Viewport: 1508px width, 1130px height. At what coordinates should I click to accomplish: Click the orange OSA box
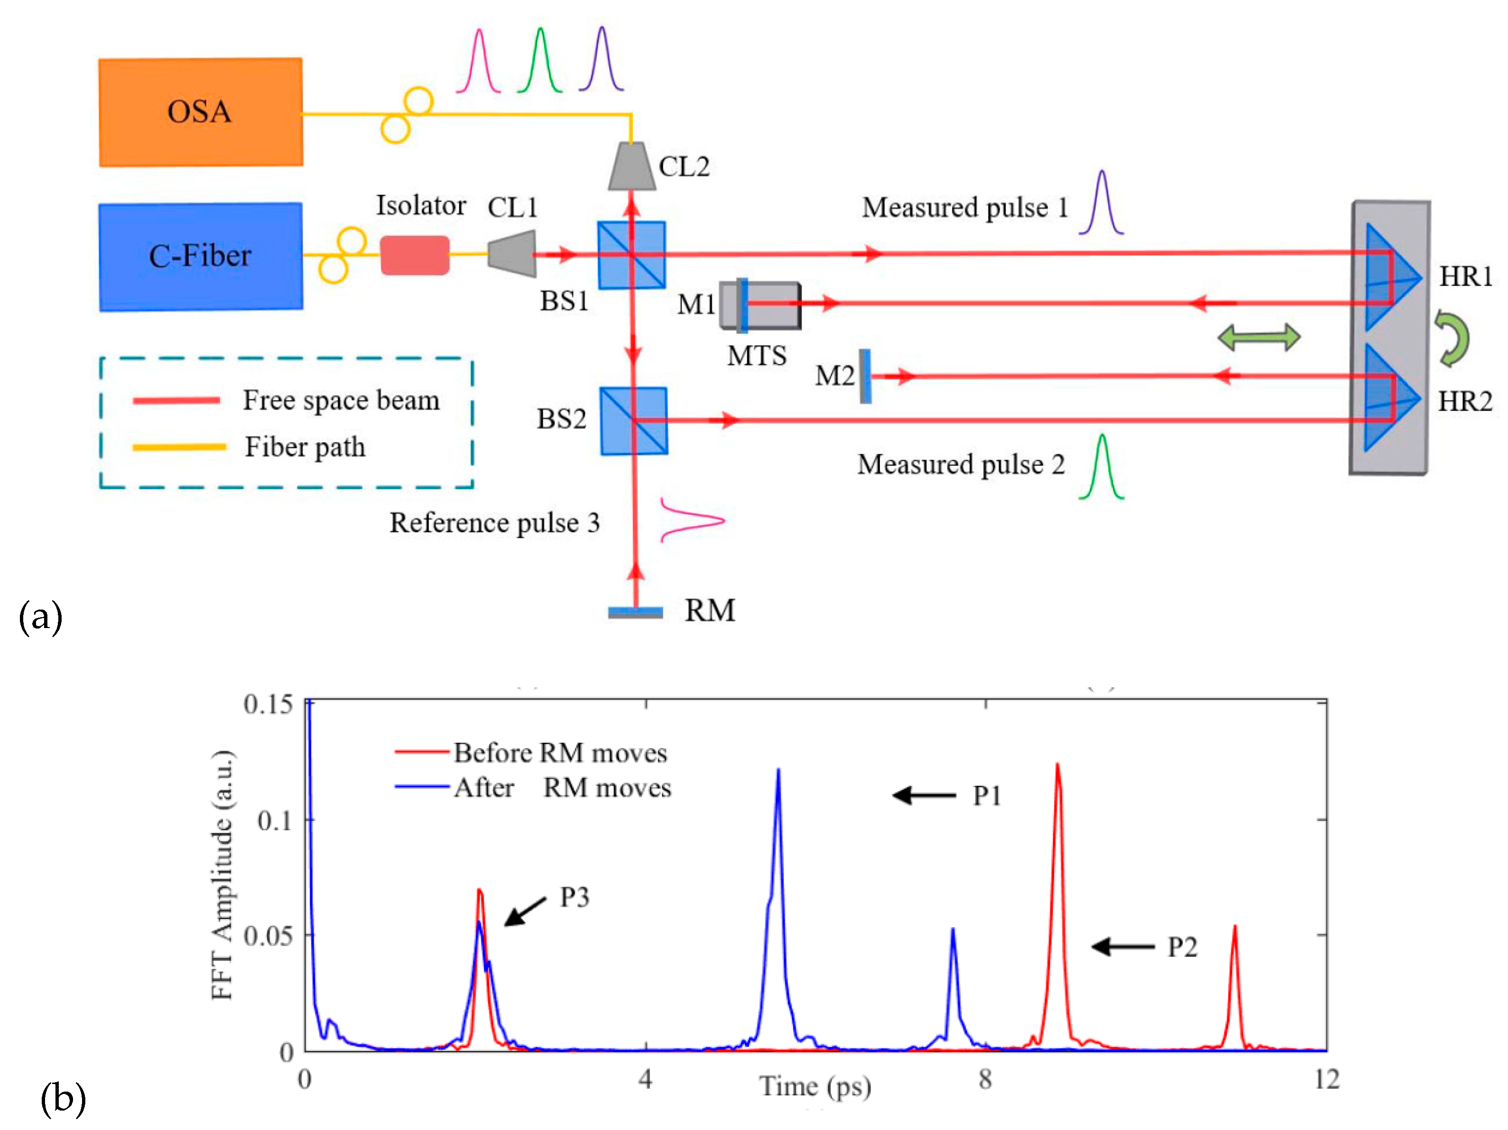201,112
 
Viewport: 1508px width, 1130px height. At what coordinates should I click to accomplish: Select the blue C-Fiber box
201,256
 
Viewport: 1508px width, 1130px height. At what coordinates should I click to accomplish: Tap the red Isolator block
414,255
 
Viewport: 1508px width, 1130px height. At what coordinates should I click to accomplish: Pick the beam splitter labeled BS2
633,420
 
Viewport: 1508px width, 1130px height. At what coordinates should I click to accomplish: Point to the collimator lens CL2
631,166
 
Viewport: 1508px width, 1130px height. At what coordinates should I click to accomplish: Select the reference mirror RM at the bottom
635,612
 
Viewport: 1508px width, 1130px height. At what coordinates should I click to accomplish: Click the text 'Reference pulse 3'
494,523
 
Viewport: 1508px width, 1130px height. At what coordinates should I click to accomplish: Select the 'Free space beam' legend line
176,400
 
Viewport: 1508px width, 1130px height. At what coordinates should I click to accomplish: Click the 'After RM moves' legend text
562,788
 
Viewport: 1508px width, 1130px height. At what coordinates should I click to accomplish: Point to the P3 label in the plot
574,897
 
